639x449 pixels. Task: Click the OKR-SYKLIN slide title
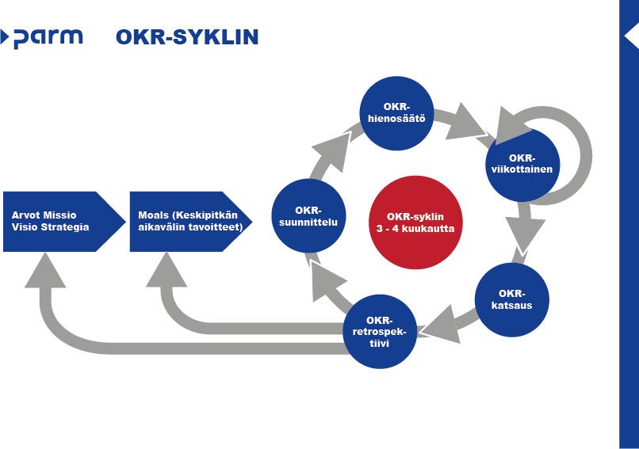click(186, 37)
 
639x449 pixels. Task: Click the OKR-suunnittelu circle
click(308, 215)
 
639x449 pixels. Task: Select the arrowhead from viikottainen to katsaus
click(526, 230)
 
